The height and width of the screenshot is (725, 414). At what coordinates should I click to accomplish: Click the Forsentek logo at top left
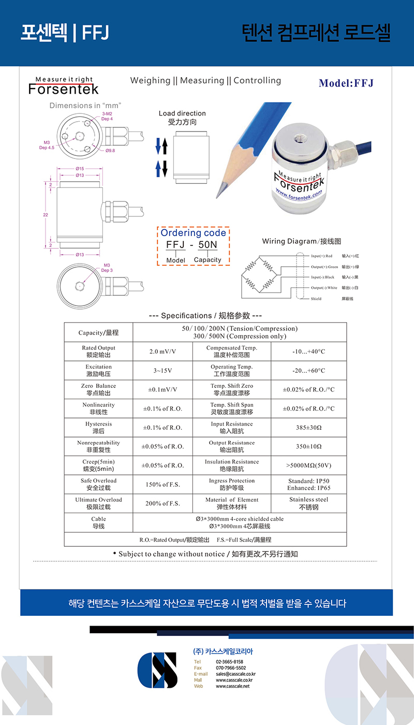pyautogui.click(x=63, y=86)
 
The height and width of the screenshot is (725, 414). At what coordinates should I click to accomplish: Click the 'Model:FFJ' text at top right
pyautogui.click(x=346, y=83)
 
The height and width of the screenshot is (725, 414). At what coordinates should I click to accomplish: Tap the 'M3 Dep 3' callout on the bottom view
pyautogui.click(x=107, y=268)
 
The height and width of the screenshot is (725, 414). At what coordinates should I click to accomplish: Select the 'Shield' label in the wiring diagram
pyautogui.click(x=316, y=299)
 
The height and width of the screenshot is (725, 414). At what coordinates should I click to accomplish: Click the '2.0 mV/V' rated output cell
pyautogui.click(x=162, y=352)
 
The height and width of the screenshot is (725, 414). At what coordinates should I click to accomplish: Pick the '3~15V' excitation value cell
pyautogui.click(x=162, y=371)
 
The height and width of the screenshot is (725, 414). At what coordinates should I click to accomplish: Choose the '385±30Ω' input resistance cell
pyautogui.click(x=308, y=428)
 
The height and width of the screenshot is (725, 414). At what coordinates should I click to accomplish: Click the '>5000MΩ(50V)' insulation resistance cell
pyautogui.click(x=308, y=466)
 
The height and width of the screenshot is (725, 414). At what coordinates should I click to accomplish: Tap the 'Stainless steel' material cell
pyautogui.click(x=308, y=503)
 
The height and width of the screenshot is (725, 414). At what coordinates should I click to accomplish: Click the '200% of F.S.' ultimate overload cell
pyautogui.click(x=162, y=503)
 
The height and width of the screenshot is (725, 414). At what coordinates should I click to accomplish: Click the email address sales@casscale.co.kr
pyautogui.click(x=235, y=674)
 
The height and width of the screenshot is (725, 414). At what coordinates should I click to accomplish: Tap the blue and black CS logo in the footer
pyautogui.click(x=157, y=670)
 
